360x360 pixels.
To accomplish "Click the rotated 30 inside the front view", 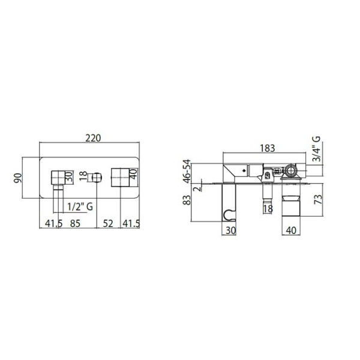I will pyautogui.click(x=69, y=176).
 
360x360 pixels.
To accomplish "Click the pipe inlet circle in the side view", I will pyautogui.click(x=290, y=171).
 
